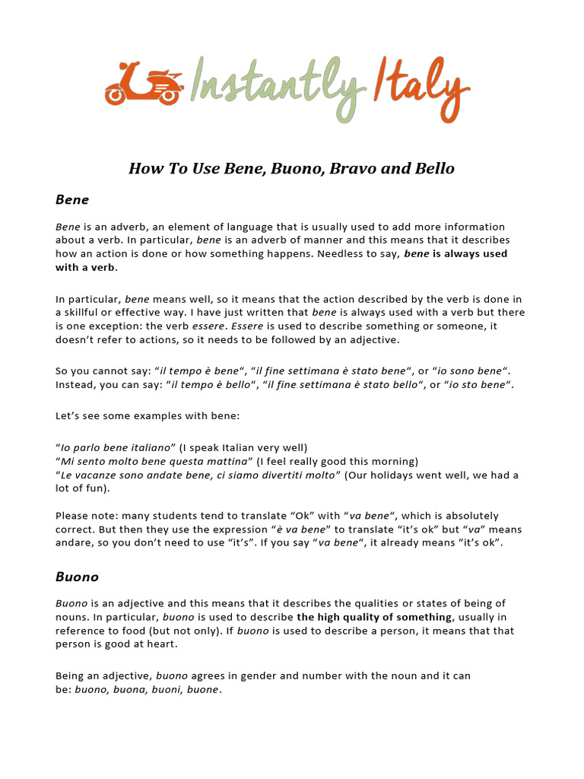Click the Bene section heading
pos(72,200)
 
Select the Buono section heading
pos(77,577)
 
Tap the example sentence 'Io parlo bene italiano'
pos(116,448)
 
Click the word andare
pos(75,543)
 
